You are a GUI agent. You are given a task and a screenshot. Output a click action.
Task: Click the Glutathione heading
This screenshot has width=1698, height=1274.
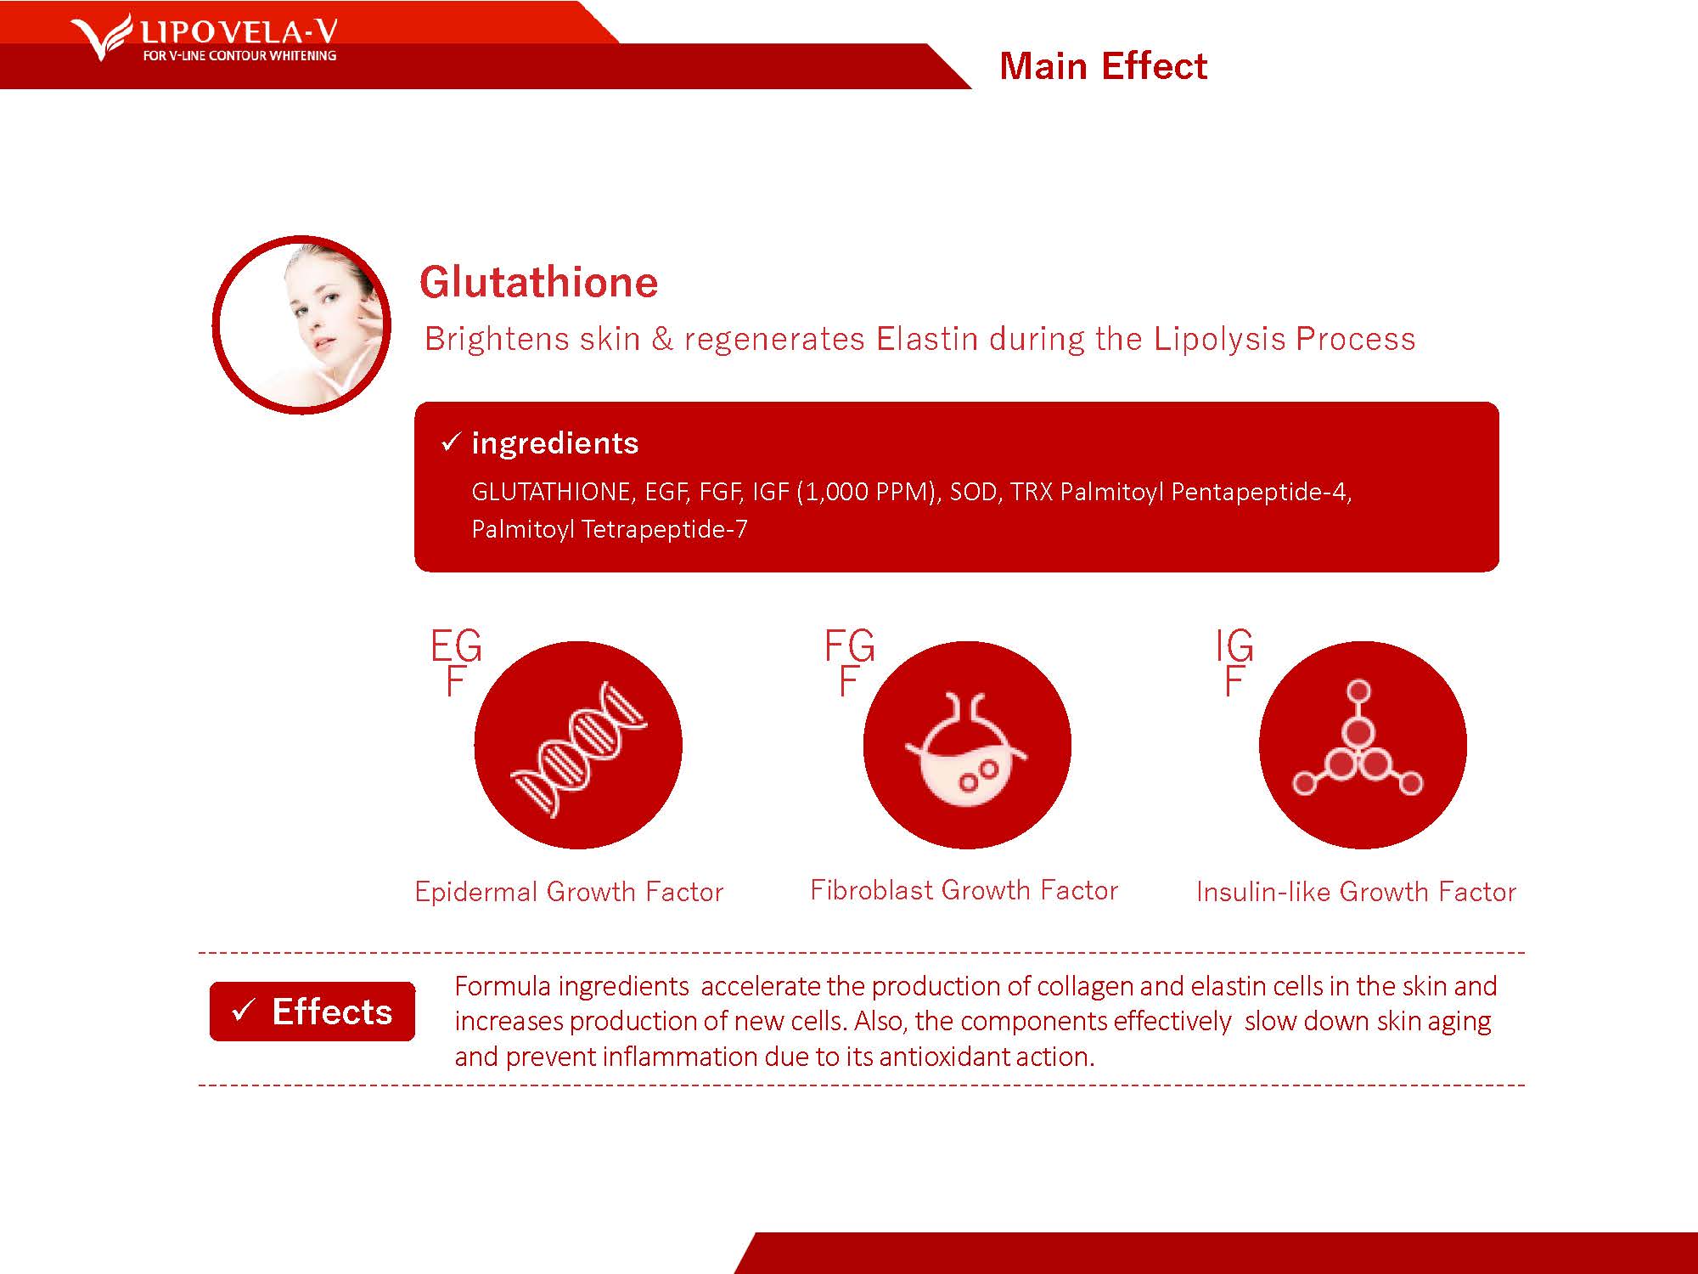[x=538, y=282]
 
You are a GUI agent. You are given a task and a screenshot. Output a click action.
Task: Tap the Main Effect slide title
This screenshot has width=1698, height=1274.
[x=1103, y=66]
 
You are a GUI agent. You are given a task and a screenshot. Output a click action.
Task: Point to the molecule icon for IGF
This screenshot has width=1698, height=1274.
[x=1358, y=739]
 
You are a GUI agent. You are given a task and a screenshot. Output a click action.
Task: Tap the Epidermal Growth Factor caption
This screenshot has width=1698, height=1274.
[x=569, y=892]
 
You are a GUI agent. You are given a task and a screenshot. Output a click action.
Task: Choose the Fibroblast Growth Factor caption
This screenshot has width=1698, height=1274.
[x=964, y=890]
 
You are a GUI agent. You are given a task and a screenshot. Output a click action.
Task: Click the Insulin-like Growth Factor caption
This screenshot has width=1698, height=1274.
[x=1356, y=892]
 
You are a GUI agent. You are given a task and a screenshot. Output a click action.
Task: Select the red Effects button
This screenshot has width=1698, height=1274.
[x=312, y=1012]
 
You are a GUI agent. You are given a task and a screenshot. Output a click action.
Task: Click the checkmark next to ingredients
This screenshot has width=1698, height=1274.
[x=451, y=442]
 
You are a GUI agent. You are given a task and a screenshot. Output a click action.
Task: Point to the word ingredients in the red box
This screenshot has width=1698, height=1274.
[x=555, y=443]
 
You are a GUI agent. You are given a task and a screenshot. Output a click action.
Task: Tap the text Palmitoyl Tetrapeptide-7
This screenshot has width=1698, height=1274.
[x=610, y=529]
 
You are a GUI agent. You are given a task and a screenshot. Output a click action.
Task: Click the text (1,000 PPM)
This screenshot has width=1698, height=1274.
[x=869, y=492]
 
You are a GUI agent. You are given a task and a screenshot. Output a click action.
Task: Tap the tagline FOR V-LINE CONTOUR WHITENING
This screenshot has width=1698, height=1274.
[x=239, y=56]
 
